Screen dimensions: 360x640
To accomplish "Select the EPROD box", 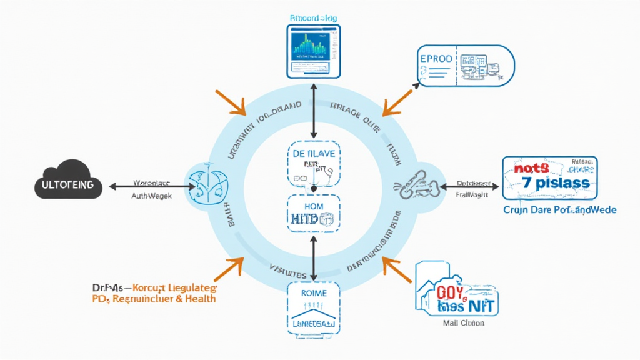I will pyautogui.click(x=464, y=64).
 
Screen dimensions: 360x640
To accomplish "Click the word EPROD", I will pyautogui.click(x=437, y=59).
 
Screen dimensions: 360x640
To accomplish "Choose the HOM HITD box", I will pyautogui.click(x=314, y=212).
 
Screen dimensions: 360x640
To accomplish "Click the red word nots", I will pyautogui.click(x=531, y=167).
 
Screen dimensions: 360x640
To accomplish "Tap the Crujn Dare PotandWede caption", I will pyautogui.click(x=559, y=210).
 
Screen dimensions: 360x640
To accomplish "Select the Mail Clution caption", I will pyautogui.click(x=462, y=324).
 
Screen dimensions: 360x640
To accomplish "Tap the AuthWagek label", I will pyautogui.click(x=152, y=196).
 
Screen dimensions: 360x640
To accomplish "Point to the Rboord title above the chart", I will pyautogui.click(x=314, y=18).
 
